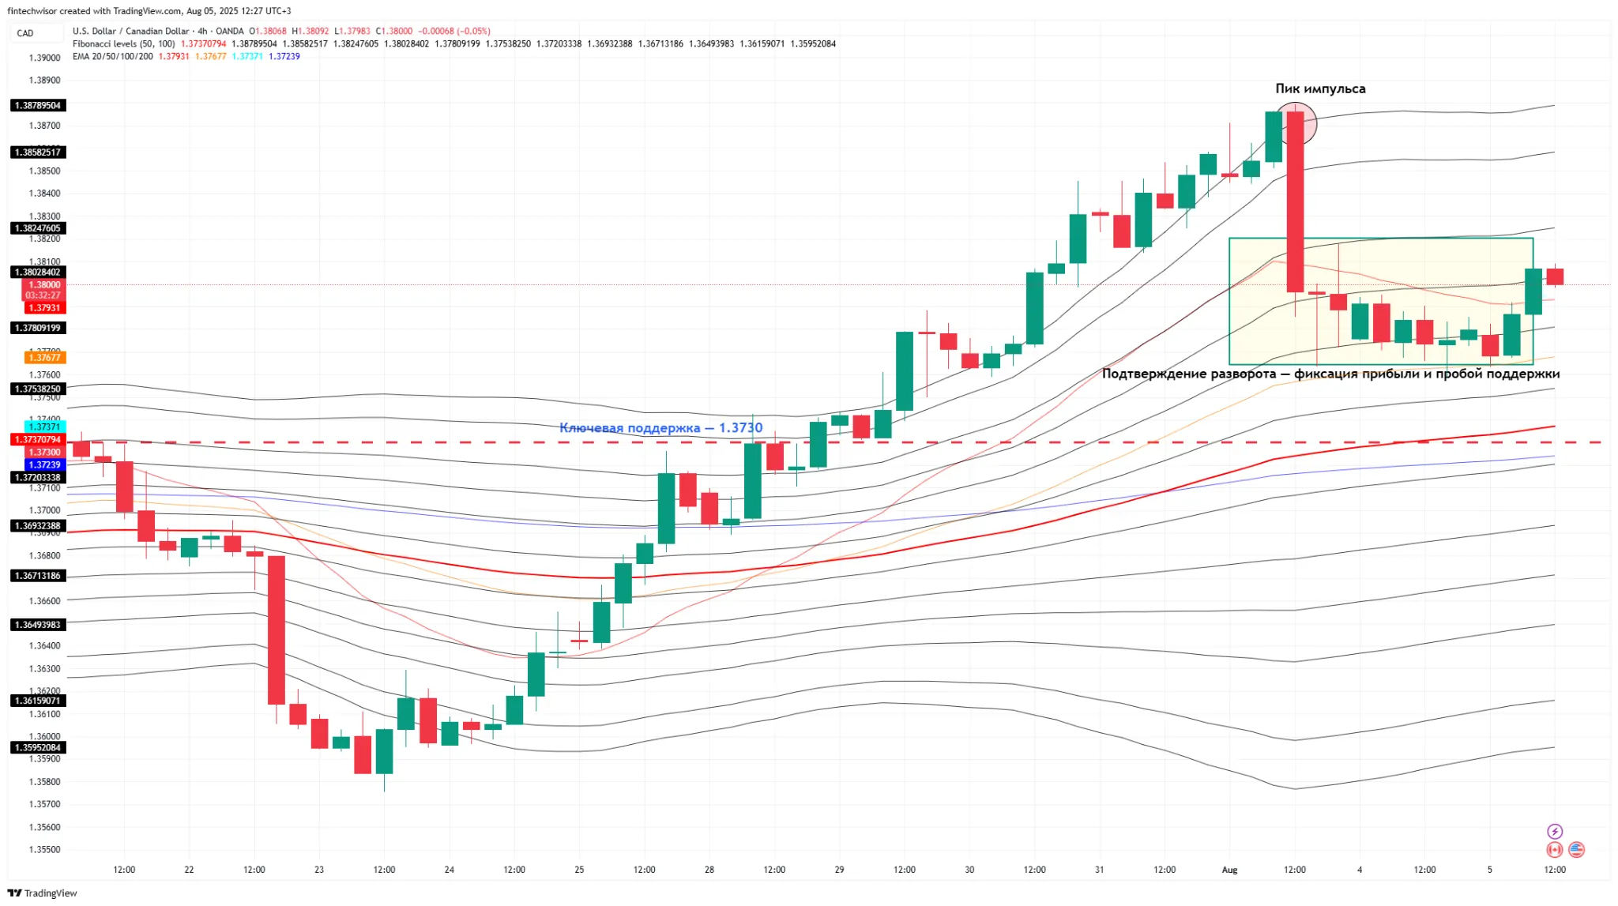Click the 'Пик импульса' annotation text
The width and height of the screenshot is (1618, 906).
1319,88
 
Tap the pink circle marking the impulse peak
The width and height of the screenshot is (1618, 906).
1296,123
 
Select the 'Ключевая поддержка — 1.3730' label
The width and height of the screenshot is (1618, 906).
660,427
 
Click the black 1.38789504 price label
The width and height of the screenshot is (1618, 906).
37,105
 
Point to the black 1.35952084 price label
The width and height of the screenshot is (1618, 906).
37,747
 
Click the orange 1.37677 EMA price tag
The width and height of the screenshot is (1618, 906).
45,358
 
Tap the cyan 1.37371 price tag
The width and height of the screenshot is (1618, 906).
45,427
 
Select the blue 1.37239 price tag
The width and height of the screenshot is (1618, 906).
45,464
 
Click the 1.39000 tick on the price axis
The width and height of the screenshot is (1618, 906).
44,58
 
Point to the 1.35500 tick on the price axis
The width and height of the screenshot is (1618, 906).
44,850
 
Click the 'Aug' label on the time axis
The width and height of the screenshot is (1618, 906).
1229,870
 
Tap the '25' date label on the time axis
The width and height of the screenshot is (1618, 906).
579,870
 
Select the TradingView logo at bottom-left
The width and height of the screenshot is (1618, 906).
43,893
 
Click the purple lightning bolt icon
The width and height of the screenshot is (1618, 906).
1554,831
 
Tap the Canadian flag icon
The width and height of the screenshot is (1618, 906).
1554,850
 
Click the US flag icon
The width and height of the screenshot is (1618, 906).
1576,850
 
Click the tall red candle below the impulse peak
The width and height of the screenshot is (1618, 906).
1295,202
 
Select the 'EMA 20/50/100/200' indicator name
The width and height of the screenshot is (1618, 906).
112,57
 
